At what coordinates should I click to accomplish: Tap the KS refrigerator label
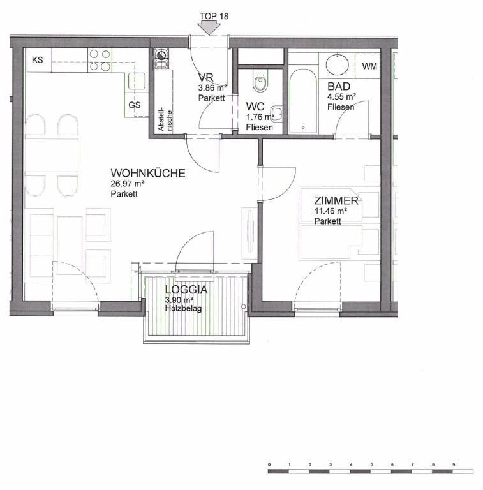click(38, 60)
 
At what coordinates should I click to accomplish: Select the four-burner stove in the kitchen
click(100, 61)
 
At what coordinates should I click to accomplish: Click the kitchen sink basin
click(136, 81)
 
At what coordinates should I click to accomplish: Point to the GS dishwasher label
click(135, 105)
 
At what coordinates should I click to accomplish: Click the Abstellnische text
click(165, 120)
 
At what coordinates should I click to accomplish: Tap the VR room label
click(206, 77)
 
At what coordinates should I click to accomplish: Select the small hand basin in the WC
click(276, 112)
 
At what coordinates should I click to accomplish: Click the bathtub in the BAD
click(302, 101)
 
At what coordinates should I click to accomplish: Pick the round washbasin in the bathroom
click(338, 65)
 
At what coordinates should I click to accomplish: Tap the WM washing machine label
click(369, 66)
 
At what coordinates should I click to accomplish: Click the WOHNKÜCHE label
click(148, 173)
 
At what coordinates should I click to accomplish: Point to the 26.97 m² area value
click(128, 184)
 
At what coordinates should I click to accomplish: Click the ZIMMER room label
click(336, 200)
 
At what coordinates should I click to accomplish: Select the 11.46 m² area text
click(331, 211)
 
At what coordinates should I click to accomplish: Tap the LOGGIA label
click(186, 290)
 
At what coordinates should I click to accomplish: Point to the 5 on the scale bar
click(371, 464)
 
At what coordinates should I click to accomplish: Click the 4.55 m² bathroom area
click(342, 96)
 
